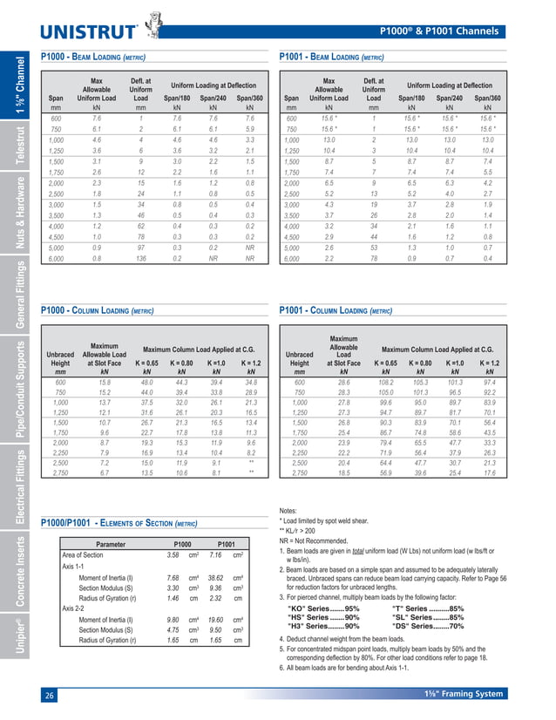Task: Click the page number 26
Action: (x=50, y=695)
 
